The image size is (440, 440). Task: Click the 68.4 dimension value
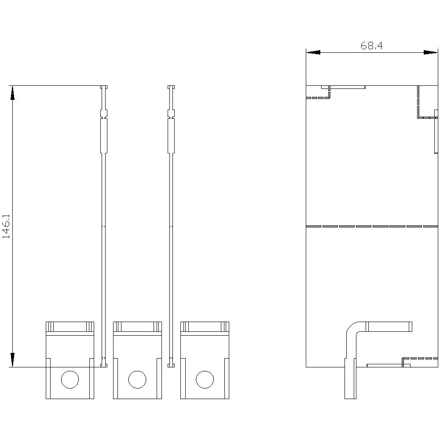point(371,46)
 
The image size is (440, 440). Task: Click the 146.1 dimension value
point(6,227)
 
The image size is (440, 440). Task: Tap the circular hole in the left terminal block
point(70,379)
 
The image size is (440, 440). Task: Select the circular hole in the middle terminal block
point(137,379)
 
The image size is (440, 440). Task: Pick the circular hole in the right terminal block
point(205,379)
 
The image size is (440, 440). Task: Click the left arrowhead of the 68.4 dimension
point(313,52)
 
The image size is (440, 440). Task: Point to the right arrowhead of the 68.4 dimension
point(430,52)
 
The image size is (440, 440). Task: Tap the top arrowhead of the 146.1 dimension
point(12,93)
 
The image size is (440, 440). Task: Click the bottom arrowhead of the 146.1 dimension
point(12,359)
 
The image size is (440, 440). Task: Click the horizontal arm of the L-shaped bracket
point(389,326)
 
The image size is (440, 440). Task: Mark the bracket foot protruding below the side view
point(350,378)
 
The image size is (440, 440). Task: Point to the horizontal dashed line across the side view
point(372,226)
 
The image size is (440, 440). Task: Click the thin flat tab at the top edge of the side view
point(344,87)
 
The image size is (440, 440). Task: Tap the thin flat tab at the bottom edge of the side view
point(389,365)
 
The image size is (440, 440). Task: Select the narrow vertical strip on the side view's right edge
point(436,131)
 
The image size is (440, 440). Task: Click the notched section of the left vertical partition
point(104,114)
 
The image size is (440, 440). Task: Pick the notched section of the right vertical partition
point(171,114)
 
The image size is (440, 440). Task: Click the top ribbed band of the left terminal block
point(70,326)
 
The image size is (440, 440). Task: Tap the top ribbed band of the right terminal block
point(205,326)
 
